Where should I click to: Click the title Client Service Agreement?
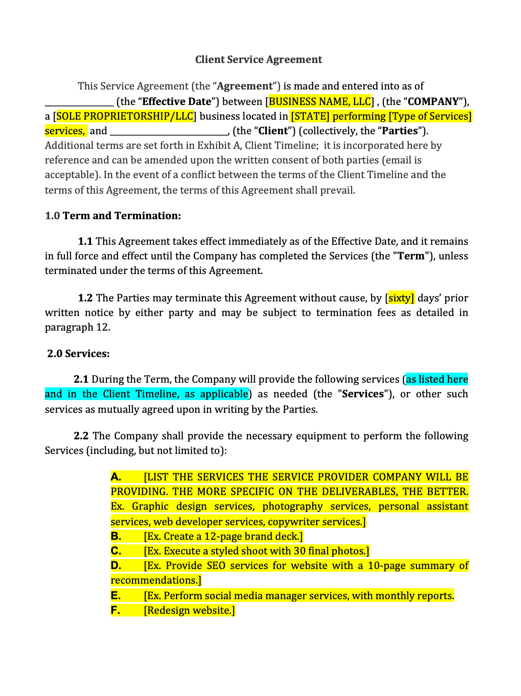[258, 59]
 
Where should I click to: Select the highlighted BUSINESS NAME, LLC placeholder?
[319, 101]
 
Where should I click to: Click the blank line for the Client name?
[169, 131]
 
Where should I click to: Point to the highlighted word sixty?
[400, 298]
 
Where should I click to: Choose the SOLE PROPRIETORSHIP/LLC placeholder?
[125, 116]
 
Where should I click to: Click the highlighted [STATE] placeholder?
[310, 116]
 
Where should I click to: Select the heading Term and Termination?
[122, 216]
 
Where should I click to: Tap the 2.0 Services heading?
[79, 353]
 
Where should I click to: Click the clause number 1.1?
[85, 241]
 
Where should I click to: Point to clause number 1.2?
[85, 298]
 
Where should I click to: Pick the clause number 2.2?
[81, 436]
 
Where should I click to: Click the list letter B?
[116, 536]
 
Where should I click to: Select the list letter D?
[116, 565]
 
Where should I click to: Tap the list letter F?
[116, 610]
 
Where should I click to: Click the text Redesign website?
[189, 610]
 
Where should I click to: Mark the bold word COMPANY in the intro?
[433, 101]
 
